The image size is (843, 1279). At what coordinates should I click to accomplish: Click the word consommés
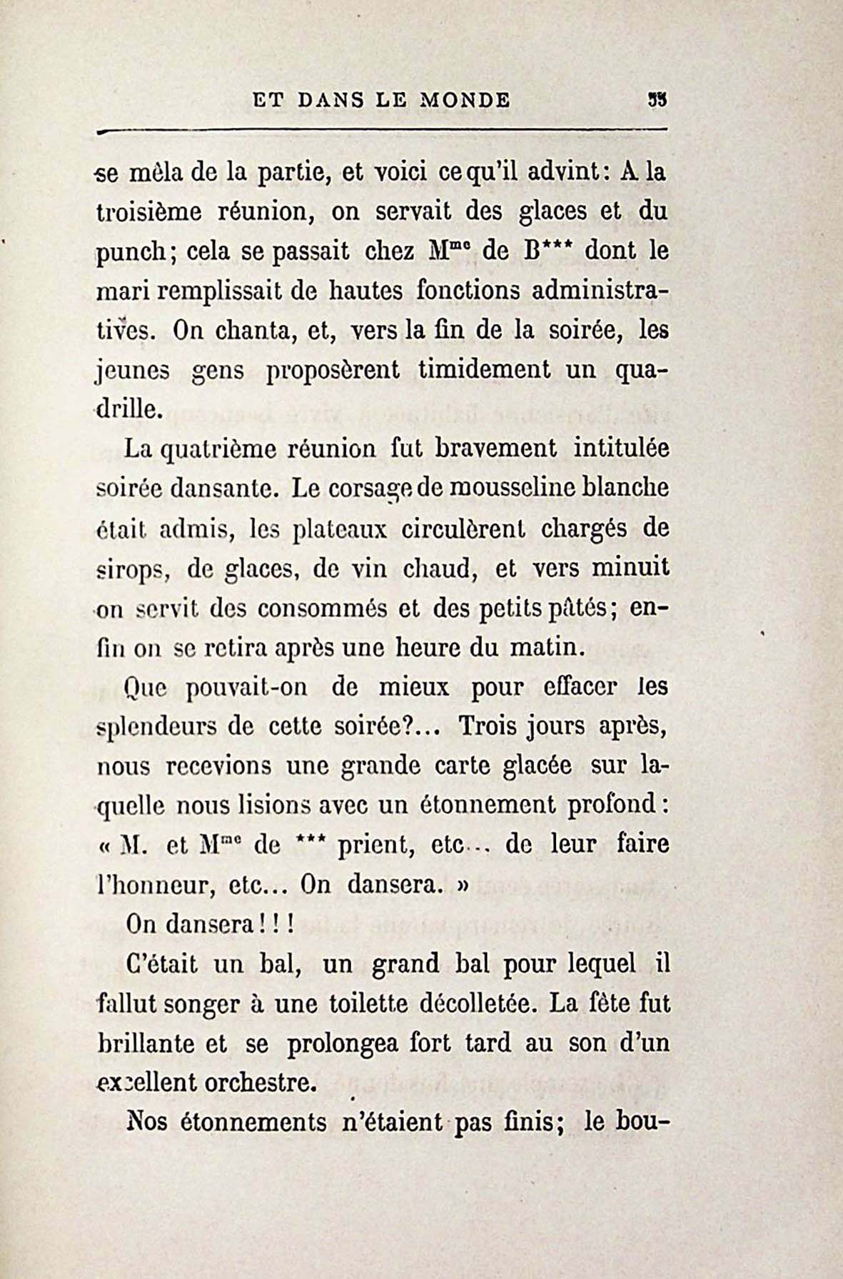pyautogui.click(x=322, y=608)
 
